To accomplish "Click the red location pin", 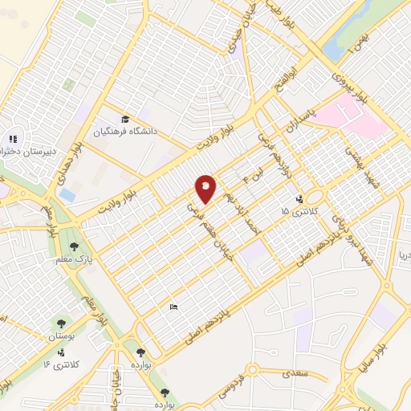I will coord(205,188).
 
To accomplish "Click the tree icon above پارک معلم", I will coord(75,246).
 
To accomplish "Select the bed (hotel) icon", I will coord(173,307).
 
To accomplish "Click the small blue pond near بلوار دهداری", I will coord(68,195).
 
